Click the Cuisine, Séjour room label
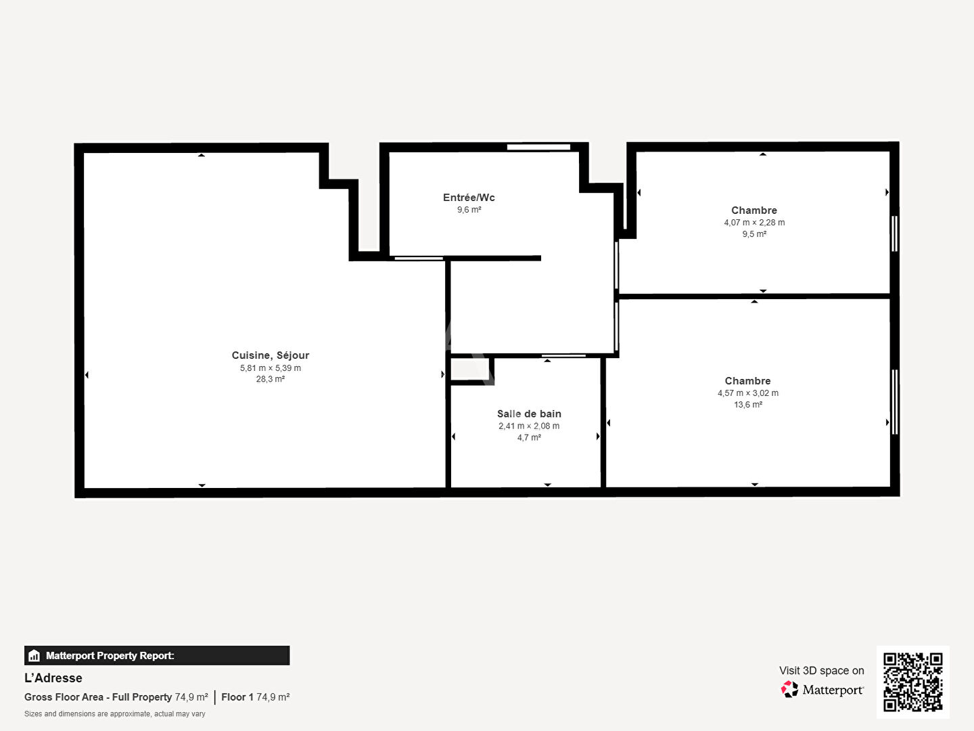[271, 355]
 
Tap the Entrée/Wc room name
[469, 198]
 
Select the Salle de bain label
[529, 414]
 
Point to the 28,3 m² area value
[271, 379]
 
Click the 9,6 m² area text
[469, 210]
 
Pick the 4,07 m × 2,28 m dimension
[754, 223]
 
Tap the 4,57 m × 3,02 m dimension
[748, 393]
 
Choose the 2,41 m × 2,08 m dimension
[529, 426]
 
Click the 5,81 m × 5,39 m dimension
[271, 368]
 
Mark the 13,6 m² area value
[748, 404]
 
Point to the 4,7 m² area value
[529, 438]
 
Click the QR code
[912, 682]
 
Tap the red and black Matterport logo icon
[789, 689]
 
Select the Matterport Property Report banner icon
[34, 656]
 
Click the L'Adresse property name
[53, 678]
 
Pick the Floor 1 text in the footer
[237, 697]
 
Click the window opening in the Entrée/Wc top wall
[538, 147]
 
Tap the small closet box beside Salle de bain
[470, 370]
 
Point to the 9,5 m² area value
[754, 234]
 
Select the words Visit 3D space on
[821, 671]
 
